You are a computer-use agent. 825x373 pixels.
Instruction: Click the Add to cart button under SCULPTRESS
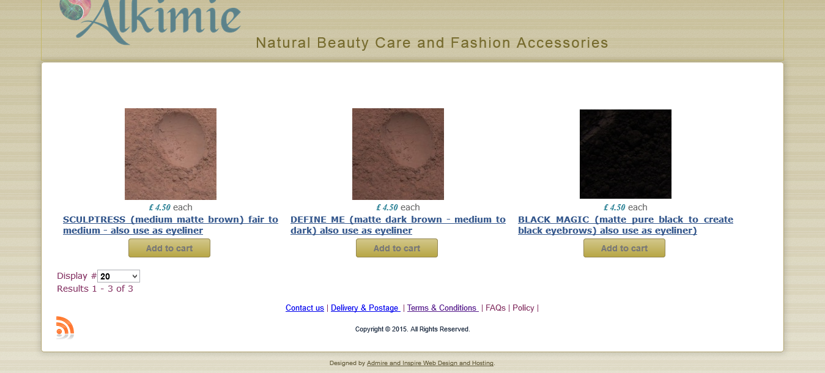(x=169, y=248)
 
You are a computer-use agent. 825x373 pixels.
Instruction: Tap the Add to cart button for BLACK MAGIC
(x=624, y=248)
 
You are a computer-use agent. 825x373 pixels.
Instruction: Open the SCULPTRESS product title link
(x=171, y=224)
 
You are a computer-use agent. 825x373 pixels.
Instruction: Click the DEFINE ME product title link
(x=398, y=224)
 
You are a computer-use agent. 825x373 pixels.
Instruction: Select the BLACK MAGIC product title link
(x=626, y=224)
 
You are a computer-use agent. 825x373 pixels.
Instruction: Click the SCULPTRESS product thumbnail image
(x=171, y=154)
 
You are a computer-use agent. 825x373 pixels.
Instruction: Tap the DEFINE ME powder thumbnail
(x=398, y=154)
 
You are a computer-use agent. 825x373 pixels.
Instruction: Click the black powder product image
(x=626, y=154)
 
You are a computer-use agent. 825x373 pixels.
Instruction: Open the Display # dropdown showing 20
(x=119, y=276)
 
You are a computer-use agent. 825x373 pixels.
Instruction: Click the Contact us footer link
(x=305, y=308)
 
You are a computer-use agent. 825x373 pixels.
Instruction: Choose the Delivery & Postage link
(x=365, y=308)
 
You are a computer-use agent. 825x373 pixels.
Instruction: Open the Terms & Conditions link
(x=443, y=308)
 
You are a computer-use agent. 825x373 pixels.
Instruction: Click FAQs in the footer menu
(x=495, y=308)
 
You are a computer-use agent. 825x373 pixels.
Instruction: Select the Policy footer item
(x=523, y=308)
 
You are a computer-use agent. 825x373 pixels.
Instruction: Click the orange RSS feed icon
(x=65, y=327)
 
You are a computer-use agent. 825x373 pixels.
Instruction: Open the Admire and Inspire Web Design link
(x=430, y=363)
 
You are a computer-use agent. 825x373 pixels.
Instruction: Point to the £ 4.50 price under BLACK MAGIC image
(x=615, y=207)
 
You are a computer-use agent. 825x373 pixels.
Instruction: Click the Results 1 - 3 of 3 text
(x=95, y=289)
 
